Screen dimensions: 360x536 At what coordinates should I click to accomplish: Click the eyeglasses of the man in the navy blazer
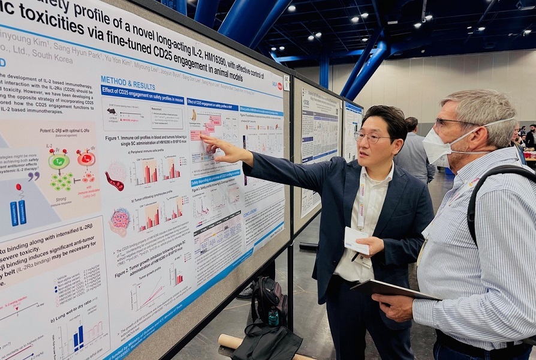372,137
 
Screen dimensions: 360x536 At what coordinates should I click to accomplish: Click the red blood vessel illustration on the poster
114,181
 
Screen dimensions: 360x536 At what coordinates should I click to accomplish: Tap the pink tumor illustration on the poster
119,221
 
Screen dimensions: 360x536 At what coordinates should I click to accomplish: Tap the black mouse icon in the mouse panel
112,112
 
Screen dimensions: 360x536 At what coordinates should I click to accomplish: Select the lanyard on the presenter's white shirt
362,204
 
